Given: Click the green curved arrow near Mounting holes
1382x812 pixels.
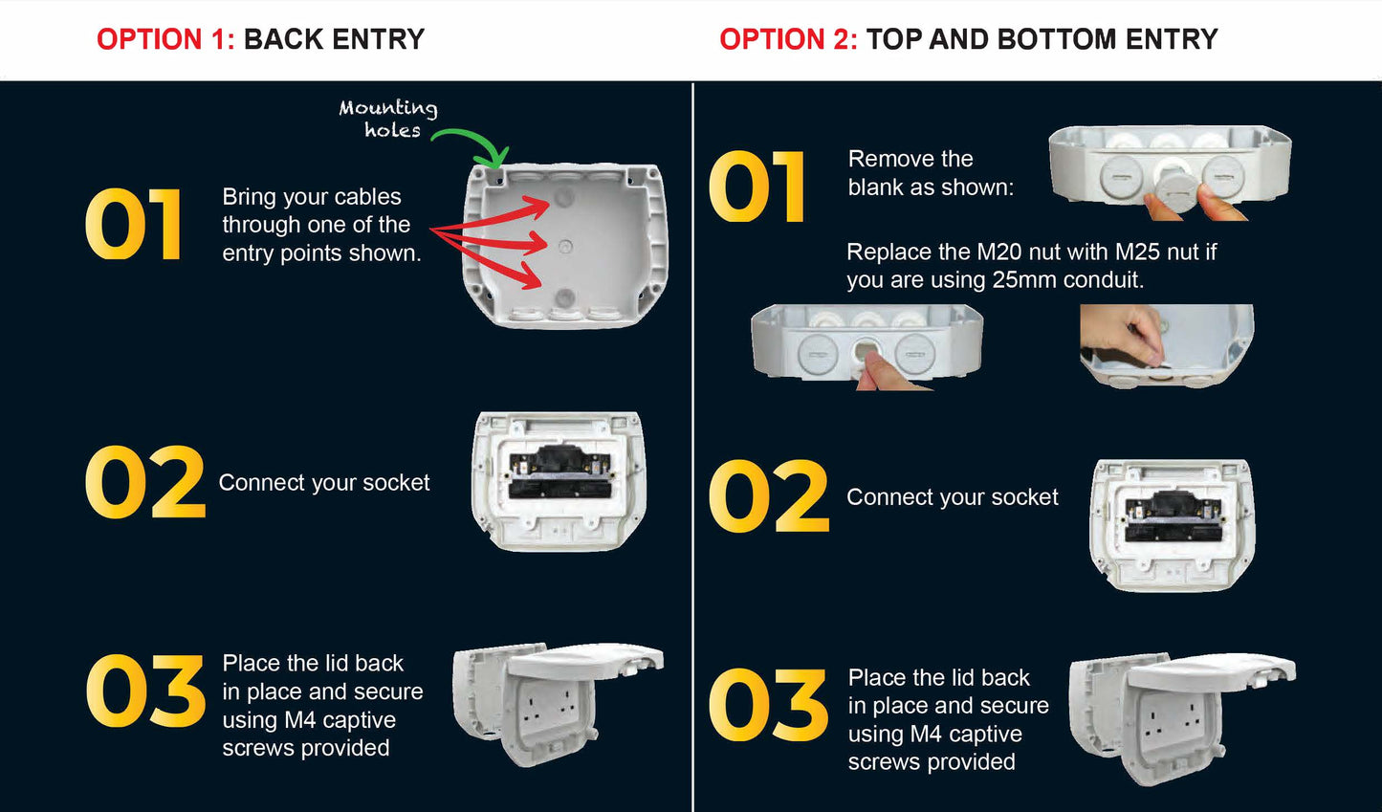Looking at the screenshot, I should tap(473, 141).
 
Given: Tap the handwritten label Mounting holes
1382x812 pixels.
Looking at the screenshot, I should tap(389, 119).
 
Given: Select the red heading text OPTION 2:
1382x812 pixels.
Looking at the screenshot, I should tap(788, 39).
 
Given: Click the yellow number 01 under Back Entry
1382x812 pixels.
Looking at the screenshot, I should tap(134, 225).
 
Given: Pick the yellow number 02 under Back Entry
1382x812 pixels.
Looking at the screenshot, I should tap(145, 482).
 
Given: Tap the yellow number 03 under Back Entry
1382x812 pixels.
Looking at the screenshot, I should tap(145, 691).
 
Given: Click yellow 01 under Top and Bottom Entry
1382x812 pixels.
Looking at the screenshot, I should tap(757, 187).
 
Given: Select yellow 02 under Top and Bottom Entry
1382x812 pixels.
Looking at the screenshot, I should tap(769, 496).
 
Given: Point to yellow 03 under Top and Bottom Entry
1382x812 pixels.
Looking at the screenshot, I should tap(769, 706).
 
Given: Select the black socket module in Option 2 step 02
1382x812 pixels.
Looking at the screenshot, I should tap(1171, 516).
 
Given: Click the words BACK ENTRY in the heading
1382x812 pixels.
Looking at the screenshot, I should tap(334, 39).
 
